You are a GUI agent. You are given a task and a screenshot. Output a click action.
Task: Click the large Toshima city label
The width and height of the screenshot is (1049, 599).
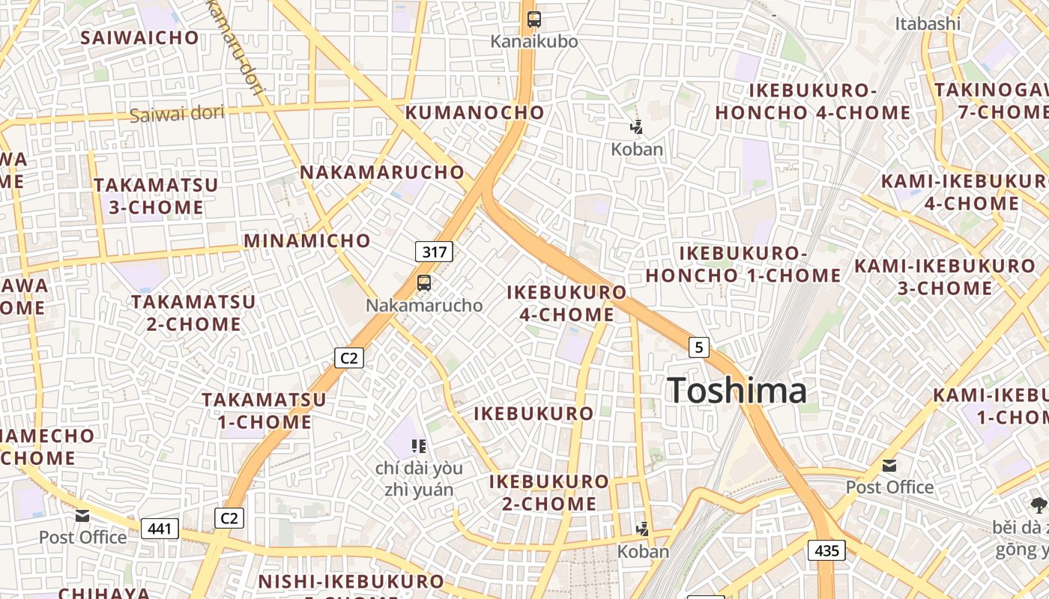[x=737, y=390]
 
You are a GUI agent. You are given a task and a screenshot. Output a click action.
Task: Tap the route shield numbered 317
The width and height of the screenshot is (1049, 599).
[x=434, y=252]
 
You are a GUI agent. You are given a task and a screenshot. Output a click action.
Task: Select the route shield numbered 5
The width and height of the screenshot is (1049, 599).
[x=698, y=347]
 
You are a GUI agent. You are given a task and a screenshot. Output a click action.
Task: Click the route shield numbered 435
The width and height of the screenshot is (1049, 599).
[x=826, y=550]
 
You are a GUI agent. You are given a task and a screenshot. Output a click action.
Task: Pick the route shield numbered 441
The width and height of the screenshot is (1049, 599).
[x=160, y=529]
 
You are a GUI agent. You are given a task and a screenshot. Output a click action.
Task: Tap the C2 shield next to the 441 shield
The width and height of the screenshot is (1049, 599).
[x=229, y=517]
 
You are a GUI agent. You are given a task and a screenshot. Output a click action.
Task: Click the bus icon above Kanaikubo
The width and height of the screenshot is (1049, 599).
[x=533, y=19]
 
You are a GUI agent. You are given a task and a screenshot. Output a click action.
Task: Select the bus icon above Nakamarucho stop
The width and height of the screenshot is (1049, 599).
[x=424, y=283]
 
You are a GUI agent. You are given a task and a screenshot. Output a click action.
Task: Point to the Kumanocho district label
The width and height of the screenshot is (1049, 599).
[x=475, y=113]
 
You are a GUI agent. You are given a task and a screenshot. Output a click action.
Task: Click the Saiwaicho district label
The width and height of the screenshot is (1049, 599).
[x=140, y=37]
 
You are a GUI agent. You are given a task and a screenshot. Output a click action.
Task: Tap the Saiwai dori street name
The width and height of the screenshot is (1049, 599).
[x=177, y=115]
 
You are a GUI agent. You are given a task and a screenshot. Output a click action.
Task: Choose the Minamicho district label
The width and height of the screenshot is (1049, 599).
[x=307, y=241]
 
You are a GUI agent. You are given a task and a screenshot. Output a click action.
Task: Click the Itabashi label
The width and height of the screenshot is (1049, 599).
[x=927, y=23]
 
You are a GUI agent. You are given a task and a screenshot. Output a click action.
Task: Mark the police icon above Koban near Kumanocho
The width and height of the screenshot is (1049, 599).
[x=636, y=127]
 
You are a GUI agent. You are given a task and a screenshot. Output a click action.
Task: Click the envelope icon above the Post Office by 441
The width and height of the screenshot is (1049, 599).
[x=82, y=516]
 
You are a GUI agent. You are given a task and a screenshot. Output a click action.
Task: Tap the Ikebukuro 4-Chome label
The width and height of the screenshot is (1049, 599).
[x=566, y=302]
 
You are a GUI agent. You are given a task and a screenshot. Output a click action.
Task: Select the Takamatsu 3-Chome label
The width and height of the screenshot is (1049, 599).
[x=156, y=195]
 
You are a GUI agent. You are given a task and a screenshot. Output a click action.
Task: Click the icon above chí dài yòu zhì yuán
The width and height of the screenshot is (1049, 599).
[x=419, y=446]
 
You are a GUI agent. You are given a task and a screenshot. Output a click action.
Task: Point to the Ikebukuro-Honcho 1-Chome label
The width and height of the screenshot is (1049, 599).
[x=743, y=264]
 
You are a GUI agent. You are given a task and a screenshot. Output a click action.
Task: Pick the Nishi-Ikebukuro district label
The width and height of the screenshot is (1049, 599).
[x=351, y=582]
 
